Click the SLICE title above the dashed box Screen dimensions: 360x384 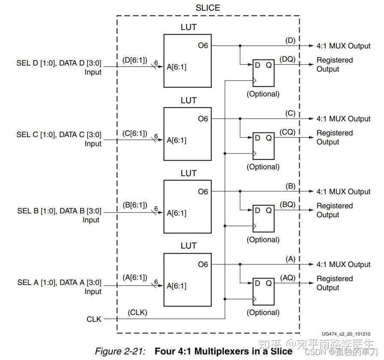point(208,8)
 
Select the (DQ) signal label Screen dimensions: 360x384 point(288,59)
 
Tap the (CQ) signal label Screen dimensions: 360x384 point(288,132)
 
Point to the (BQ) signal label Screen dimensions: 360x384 point(288,205)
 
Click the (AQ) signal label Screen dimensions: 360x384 point(288,278)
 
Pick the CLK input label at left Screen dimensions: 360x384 point(94,319)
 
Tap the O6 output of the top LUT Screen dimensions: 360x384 point(203,45)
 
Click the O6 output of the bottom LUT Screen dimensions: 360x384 point(203,264)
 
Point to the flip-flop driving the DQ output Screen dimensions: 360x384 point(263,72)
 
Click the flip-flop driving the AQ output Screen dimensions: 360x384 point(263,291)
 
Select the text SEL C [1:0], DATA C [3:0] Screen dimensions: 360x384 point(59,135)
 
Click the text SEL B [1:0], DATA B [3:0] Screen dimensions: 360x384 point(59,211)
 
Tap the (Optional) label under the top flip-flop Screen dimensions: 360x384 point(263,94)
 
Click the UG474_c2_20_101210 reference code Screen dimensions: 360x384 point(346,334)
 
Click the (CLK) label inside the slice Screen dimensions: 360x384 point(137,312)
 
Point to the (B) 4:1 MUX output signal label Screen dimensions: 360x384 point(290,186)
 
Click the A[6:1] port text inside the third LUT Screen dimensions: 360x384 point(177,213)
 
